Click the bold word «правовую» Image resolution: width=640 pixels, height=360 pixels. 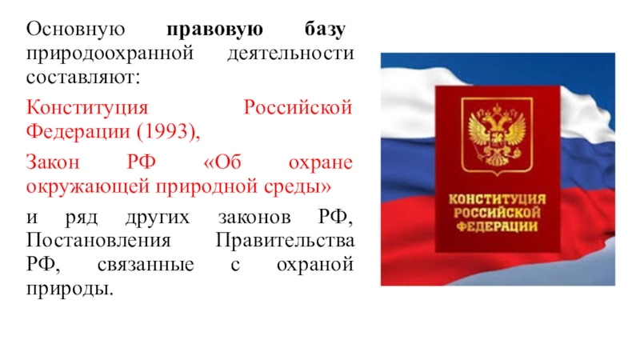[x=214, y=30]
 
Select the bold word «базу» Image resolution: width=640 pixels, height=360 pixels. [x=325, y=30]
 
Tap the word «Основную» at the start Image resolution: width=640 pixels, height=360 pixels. [x=75, y=30]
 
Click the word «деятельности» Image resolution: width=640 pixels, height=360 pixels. [x=290, y=54]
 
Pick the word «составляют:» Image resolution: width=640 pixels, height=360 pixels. [x=83, y=77]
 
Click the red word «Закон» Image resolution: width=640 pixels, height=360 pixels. [x=53, y=162]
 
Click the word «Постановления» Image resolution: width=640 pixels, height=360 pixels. [x=98, y=241]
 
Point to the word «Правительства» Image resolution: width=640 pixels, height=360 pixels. [x=285, y=241]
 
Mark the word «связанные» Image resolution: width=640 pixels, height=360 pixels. [x=146, y=265]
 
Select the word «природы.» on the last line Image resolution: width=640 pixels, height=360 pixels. [x=70, y=289]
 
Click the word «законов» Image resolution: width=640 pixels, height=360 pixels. [x=254, y=217]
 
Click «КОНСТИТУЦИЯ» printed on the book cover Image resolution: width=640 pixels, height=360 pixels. [x=497, y=199]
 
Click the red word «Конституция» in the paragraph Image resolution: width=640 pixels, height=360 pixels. [x=87, y=108]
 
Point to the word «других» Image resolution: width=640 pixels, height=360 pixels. [x=158, y=218]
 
